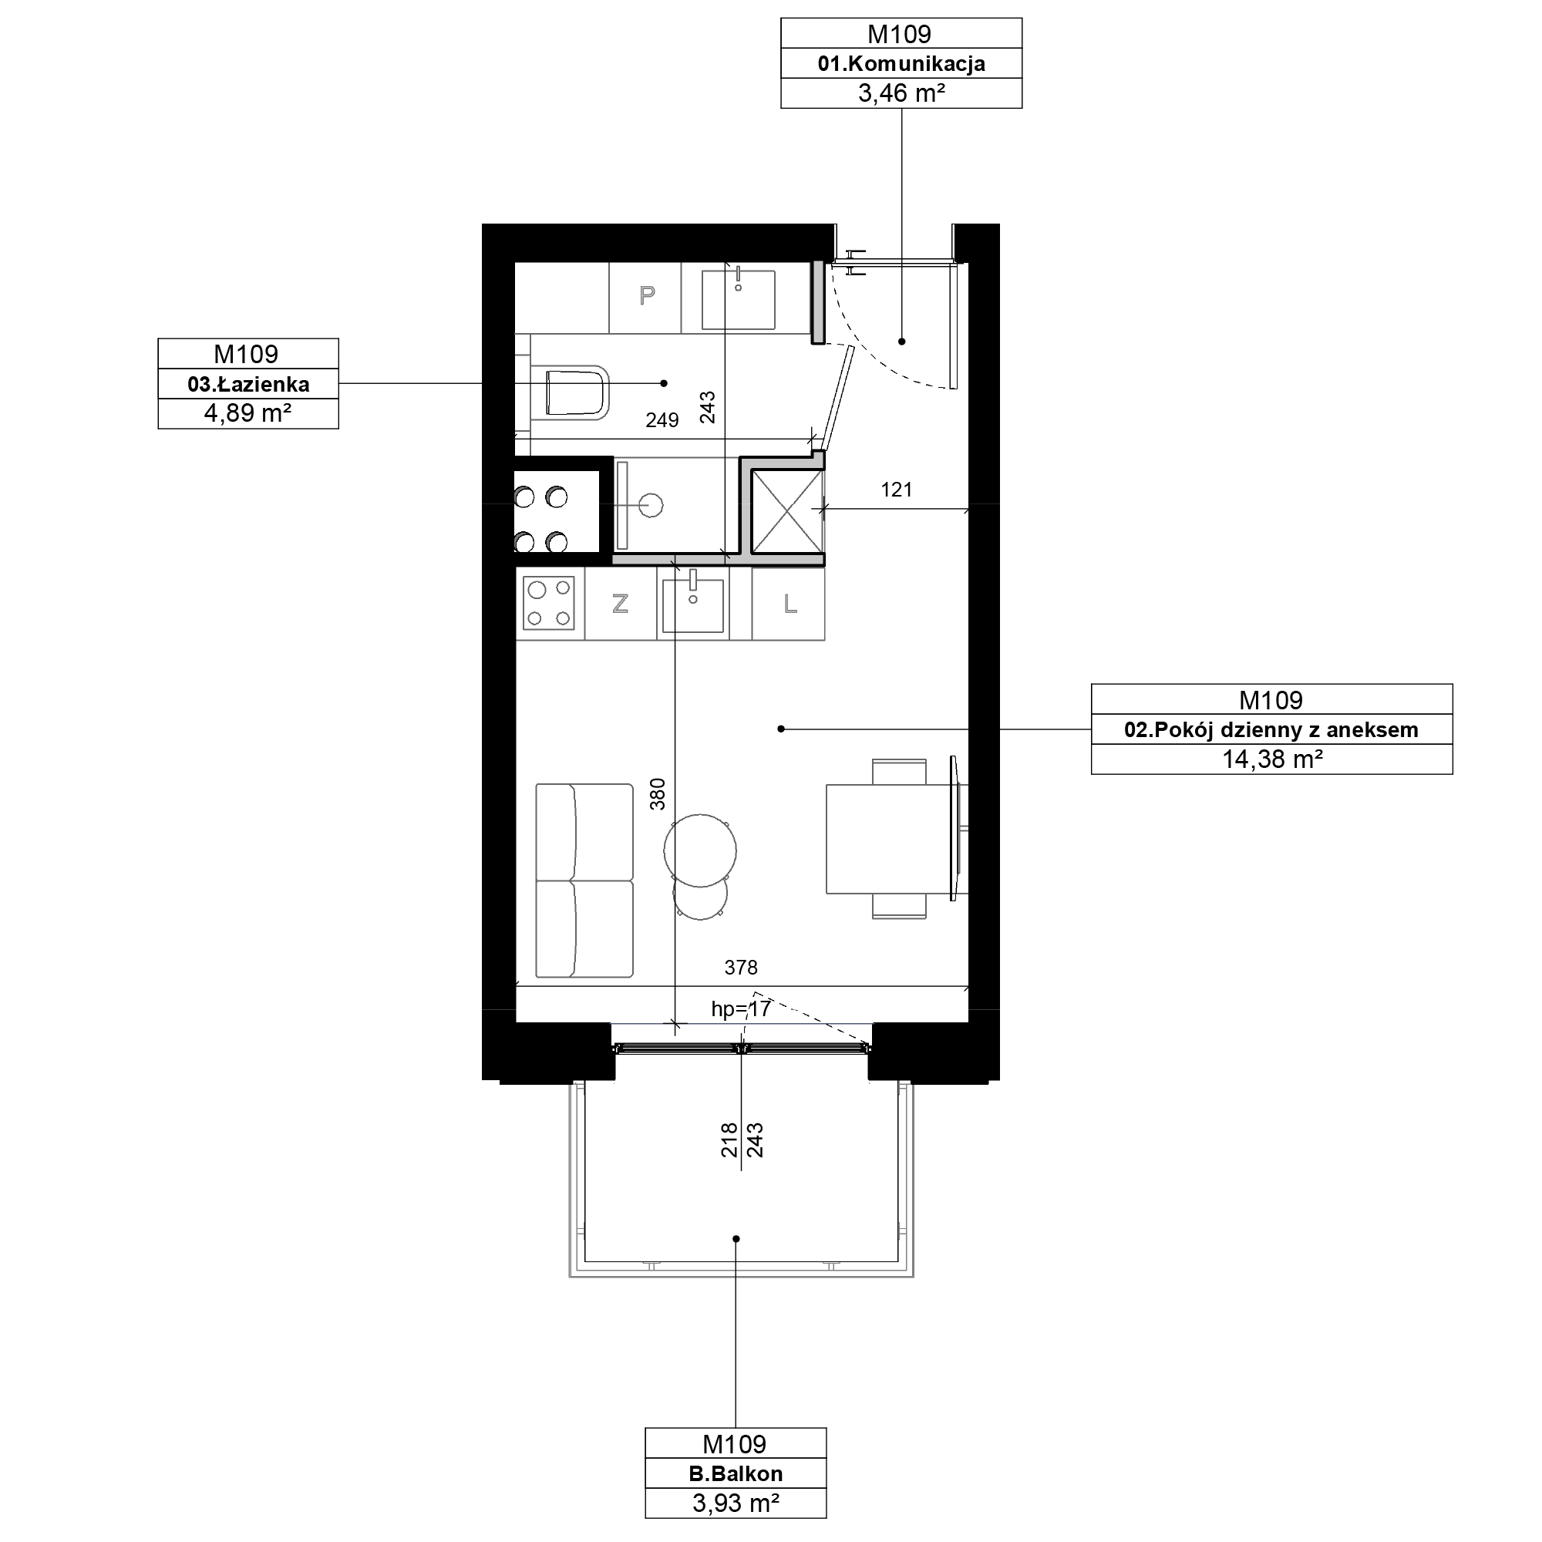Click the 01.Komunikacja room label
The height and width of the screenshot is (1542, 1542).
pyautogui.click(x=901, y=64)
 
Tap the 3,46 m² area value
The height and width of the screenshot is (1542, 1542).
pyautogui.click(x=901, y=93)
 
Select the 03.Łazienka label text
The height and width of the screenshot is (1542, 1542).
pyautogui.click(x=248, y=385)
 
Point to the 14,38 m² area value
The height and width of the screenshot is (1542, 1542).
pyautogui.click(x=1272, y=759)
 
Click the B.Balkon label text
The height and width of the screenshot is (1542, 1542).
pyautogui.click(x=736, y=1474)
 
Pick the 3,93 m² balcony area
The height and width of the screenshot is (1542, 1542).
pyautogui.click(x=736, y=1503)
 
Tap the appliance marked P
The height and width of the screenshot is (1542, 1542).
pyautogui.click(x=645, y=297)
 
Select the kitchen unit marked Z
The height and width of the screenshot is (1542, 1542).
pyautogui.click(x=620, y=604)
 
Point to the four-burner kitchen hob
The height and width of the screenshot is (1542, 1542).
pyautogui.click(x=549, y=604)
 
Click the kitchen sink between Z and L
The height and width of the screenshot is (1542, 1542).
pyautogui.click(x=693, y=604)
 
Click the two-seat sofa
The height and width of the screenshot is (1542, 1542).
pyautogui.click(x=584, y=880)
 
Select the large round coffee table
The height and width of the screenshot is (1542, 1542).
pyautogui.click(x=700, y=850)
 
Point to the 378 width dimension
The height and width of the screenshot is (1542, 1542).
pyautogui.click(x=741, y=968)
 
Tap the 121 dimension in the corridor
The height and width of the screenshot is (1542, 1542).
pyautogui.click(x=897, y=490)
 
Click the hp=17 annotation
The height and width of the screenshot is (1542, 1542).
pyautogui.click(x=741, y=1010)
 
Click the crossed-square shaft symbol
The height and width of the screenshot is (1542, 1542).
pyautogui.click(x=787, y=512)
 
